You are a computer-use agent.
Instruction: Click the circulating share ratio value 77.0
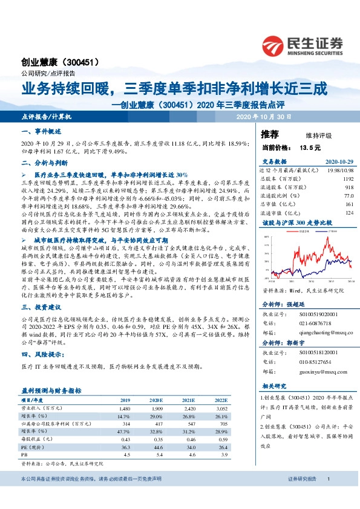348,196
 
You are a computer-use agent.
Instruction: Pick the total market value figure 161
348,204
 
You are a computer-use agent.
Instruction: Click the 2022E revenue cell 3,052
222,408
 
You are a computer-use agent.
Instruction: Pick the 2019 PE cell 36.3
125,447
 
